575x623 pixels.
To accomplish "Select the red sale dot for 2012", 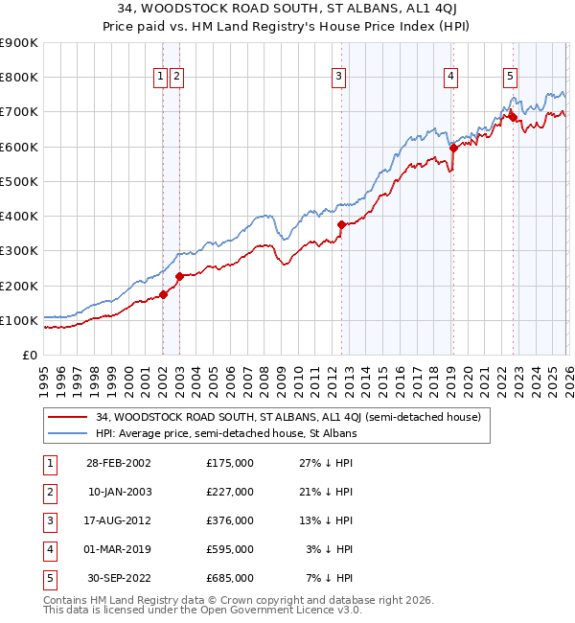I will coord(341,224).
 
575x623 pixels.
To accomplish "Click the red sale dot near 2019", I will coord(452,149).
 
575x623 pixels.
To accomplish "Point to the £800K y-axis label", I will coord(19,78).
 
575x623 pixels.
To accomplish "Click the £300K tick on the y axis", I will coord(19,251).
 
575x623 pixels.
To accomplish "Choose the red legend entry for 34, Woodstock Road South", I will coord(268,417).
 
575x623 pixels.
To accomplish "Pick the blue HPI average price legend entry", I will coord(226,433).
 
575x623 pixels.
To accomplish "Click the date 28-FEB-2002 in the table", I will coord(119,463).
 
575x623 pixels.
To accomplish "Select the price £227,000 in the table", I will coord(230,492).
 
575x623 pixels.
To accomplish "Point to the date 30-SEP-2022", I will coord(119,578).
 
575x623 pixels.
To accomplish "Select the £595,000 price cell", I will coord(230,549).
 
